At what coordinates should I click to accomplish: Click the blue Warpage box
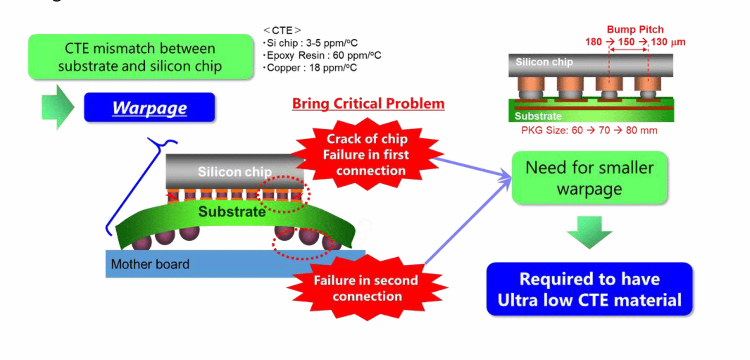click(x=149, y=107)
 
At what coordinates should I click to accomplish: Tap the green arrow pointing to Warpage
click(x=57, y=107)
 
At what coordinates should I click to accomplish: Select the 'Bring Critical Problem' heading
click(x=368, y=104)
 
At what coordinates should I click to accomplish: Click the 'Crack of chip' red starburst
click(x=367, y=155)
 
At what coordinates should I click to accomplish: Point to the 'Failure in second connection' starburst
click(x=366, y=288)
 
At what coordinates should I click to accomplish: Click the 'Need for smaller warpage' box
click(x=589, y=178)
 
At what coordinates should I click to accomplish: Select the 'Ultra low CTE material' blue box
click(x=589, y=289)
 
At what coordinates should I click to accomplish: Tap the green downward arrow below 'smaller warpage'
click(x=589, y=231)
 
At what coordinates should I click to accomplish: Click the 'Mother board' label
click(x=150, y=264)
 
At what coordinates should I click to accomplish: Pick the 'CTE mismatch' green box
click(x=140, y=57)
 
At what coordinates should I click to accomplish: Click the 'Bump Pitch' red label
click(x=635, y=30)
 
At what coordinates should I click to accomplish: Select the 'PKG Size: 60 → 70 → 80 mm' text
click(x=589, y=131)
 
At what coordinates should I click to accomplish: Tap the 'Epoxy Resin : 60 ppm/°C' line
click(x=323, y=56)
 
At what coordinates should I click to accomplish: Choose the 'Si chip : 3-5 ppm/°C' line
click(x=312, y=43)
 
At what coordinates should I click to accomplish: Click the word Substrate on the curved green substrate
click(x=232, y=211)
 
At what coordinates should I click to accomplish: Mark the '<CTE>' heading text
click(x=282, y=30)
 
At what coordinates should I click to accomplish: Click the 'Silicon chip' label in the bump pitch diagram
click(x=544, y=62)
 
